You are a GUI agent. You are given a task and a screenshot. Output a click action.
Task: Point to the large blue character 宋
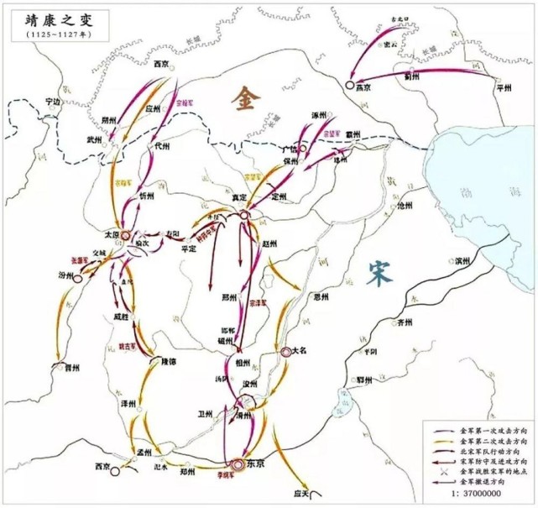tap(379, 270)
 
